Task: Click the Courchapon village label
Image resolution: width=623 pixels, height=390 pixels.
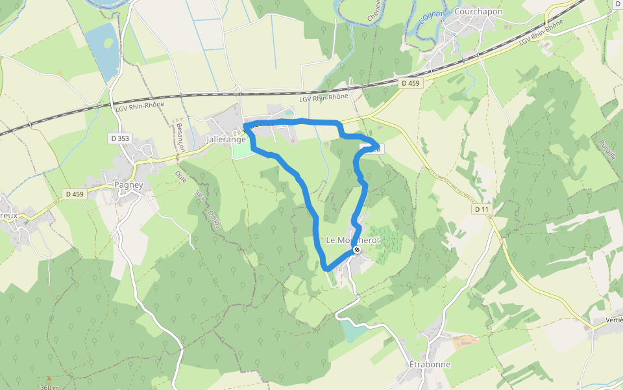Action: click(479, 12)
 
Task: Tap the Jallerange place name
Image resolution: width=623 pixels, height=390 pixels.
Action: click(225, 139)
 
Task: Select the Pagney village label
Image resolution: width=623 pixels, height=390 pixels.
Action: click(128, 185)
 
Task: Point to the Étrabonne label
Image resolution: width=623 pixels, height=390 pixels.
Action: click(430, 365)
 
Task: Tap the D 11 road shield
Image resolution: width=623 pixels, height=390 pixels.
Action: click(481, 209)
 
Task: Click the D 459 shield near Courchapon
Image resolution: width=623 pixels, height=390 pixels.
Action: click(410, 83)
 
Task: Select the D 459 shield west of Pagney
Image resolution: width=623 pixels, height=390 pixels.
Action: click(75, 194)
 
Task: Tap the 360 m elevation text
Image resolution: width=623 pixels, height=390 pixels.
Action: click(49, 387)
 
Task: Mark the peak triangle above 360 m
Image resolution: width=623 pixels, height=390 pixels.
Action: click(49, 378)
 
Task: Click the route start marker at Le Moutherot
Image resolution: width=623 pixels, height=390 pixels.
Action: click(357, 250)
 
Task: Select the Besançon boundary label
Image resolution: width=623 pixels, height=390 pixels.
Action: click(180, 138)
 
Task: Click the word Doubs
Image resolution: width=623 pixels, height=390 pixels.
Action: click(214, 219)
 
